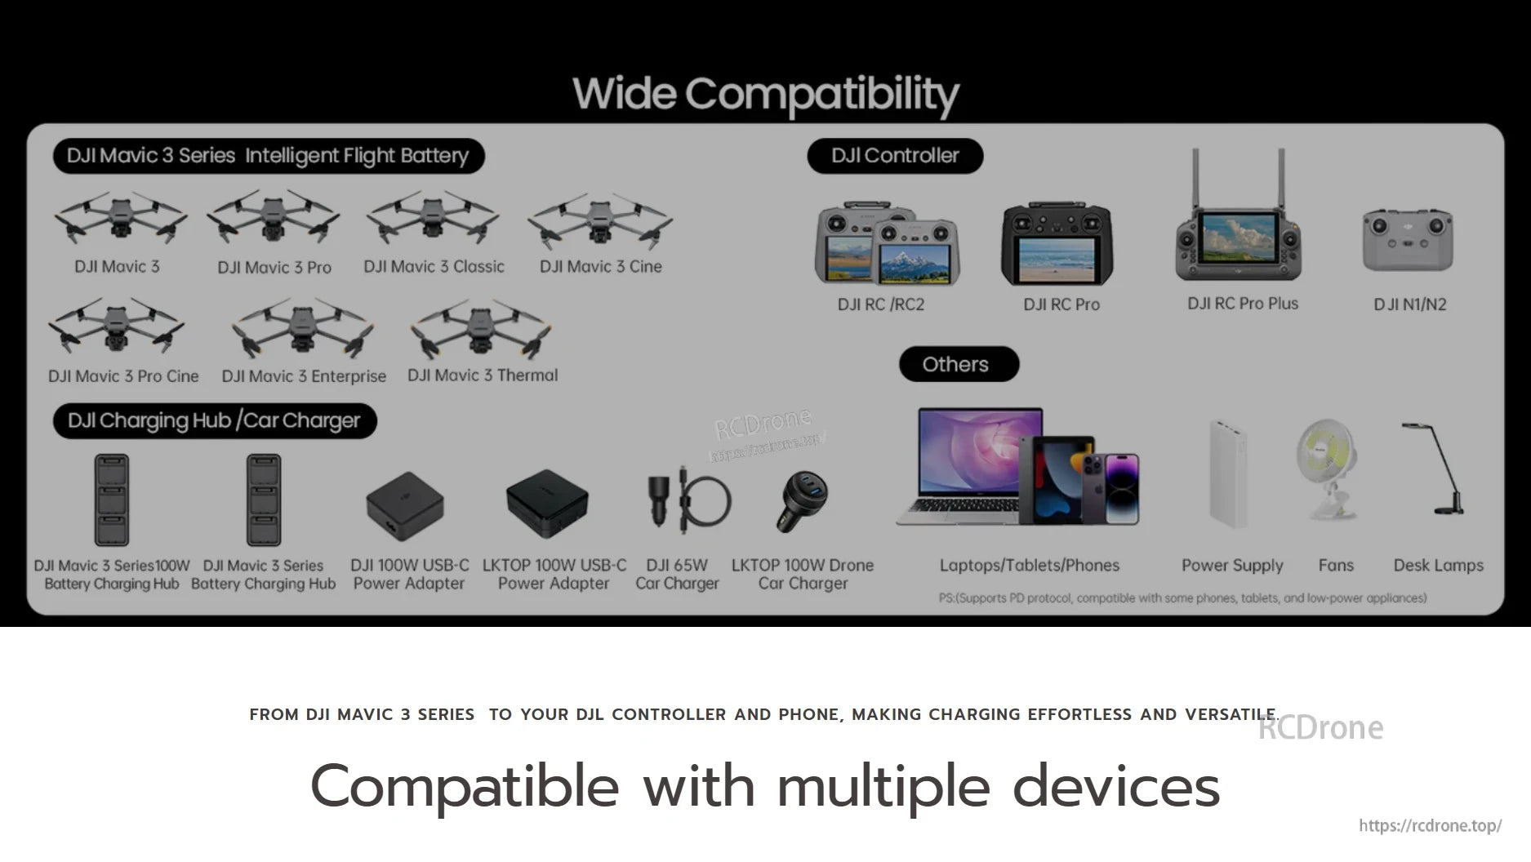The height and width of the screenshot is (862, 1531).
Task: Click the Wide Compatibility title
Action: [x=766, y=95]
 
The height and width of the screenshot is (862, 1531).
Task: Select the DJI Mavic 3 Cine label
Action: [x=600, y=266]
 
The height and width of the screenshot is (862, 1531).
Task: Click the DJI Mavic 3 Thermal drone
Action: [x=481, y=329]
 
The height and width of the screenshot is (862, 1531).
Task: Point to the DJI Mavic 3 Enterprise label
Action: [x=304, y=376]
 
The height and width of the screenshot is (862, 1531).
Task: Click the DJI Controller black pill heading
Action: [x=895, y=156]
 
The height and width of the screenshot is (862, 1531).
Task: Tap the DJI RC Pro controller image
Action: [x=1057, y=243]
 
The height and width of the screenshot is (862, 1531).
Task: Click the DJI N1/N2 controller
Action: [x=1408, y=240]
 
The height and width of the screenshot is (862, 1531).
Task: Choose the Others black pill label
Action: [x=959, y=364]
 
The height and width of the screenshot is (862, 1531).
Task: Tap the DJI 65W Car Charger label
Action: [x=677, y=575]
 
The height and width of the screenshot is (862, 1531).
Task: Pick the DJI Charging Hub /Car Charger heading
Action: [x=214, y=421]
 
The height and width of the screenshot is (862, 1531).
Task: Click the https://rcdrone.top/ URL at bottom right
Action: [x=1430, y=825]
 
